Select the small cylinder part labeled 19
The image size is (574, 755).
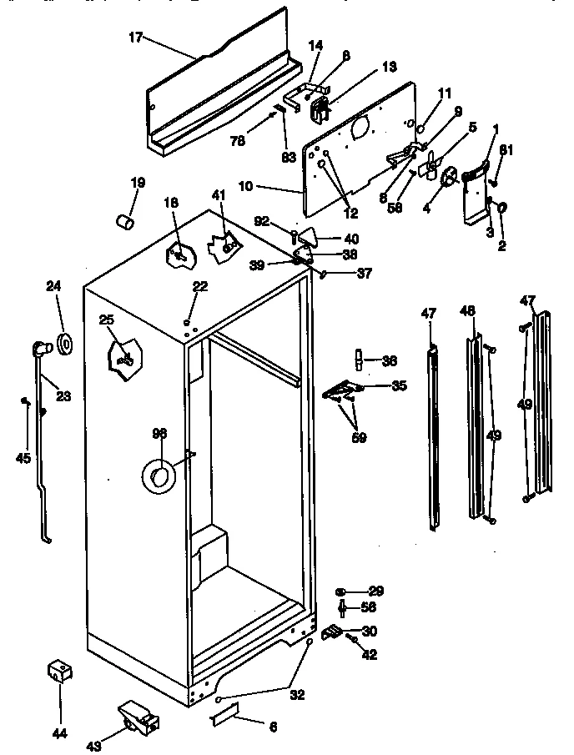(125, 222)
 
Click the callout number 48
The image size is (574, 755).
(468, 311)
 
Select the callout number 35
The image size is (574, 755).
(399, 386)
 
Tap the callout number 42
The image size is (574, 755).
(370, 655)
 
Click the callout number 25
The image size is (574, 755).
(106, 320)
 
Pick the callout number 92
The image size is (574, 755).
(261, 222)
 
